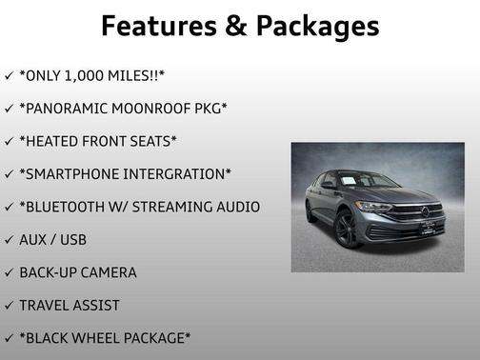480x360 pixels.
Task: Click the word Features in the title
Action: [151, 26]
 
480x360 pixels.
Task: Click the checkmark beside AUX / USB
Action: [9, 240]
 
